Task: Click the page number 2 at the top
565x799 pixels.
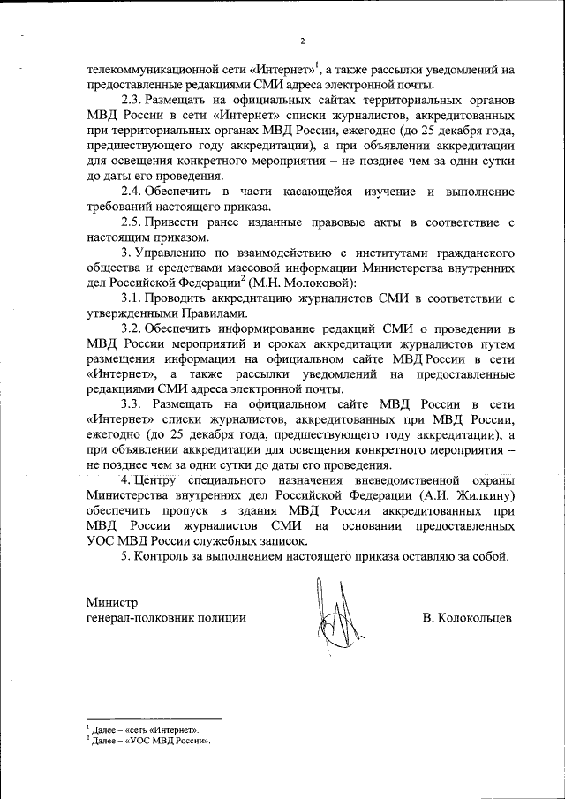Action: [301, 41]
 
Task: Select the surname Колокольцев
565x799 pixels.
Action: [467, 619]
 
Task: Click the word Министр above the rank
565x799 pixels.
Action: [112, 602]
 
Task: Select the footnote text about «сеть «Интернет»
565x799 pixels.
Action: [146, 730]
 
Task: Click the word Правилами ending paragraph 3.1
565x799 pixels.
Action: [213, 313]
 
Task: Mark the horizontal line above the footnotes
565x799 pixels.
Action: [154, 719]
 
